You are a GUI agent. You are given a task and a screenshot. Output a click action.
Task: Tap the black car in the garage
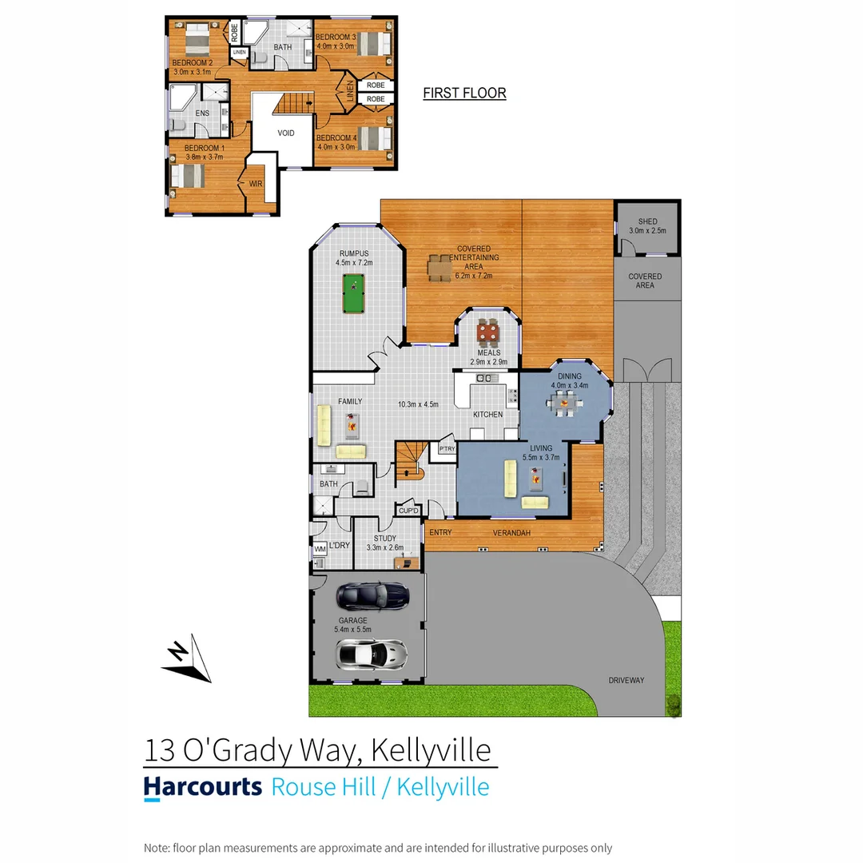click(373, 595)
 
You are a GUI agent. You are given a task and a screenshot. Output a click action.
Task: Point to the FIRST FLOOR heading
click(464, 93)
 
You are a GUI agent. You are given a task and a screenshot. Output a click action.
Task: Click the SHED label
click(647, 221)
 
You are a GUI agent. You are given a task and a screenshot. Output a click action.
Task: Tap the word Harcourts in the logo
click(203, 786)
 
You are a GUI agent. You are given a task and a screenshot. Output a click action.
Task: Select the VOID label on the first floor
click(287, 133)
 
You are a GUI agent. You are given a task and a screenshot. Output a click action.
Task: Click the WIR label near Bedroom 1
click(256, 184)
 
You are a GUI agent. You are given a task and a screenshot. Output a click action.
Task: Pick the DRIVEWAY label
click(626, 680)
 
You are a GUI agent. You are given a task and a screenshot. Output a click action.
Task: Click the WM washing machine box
click(320, 550)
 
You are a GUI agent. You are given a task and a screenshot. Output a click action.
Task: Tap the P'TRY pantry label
click(445, 451)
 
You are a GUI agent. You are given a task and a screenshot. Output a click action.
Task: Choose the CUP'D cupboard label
click(409, 510)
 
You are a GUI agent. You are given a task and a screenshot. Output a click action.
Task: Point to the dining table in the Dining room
click(567, 404)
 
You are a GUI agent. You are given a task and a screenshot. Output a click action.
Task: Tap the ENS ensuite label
click(202, 113)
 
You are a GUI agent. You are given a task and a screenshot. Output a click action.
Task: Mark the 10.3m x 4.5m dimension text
click(418, 404)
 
